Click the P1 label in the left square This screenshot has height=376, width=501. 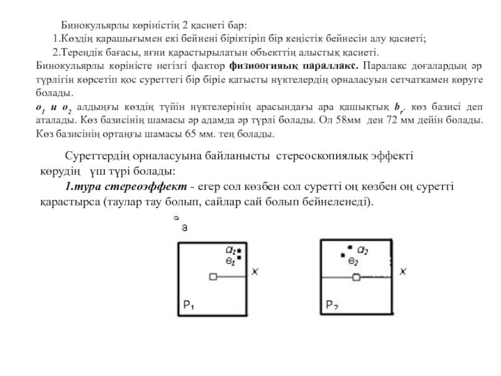click(188, 306)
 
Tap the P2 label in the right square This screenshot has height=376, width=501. click(333, 306)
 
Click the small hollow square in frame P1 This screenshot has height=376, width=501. click(213, 276)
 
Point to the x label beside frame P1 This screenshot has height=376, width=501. click(254, 272)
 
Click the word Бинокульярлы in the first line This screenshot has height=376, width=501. click(91, 26)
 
